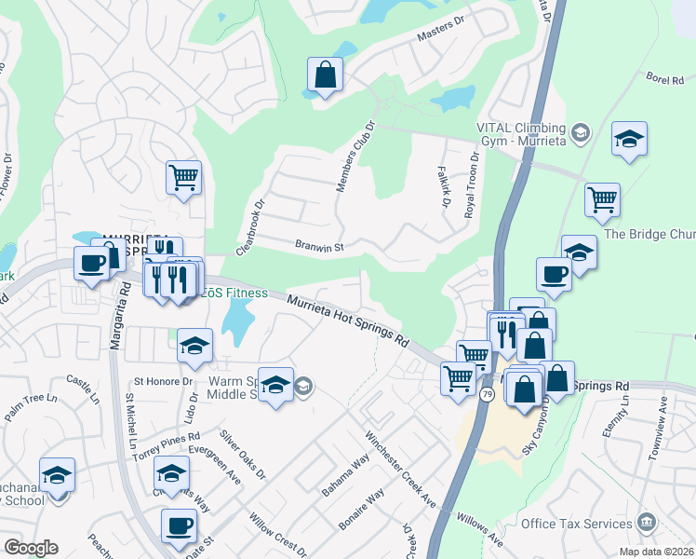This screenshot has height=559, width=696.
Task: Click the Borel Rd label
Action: [664, 81]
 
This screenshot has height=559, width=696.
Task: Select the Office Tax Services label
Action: [576, 524]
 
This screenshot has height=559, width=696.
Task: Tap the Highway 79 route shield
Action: [487, 395]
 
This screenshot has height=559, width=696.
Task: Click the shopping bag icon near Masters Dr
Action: [326, 75]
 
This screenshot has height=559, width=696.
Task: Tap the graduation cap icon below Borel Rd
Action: [630, 140]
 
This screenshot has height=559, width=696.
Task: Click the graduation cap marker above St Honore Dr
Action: [195, 346]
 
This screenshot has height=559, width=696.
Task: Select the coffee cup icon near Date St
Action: [179, 525]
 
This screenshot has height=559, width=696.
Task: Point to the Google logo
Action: [31, 548]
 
